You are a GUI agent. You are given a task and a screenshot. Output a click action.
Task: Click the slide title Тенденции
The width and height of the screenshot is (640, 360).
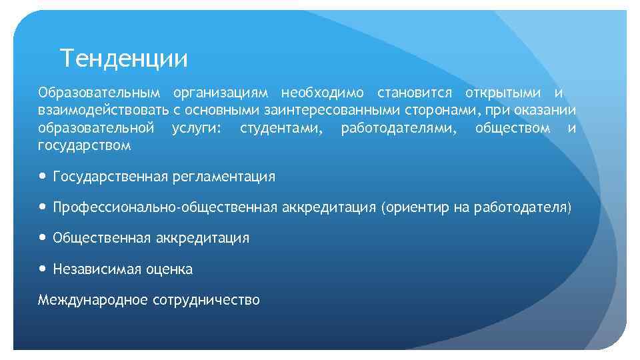[x=123, y=59]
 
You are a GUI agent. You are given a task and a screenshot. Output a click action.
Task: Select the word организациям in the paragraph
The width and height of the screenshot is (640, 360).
[x=220, y=92]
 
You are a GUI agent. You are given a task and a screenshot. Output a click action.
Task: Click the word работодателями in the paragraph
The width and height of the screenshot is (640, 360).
[x=399, y=127]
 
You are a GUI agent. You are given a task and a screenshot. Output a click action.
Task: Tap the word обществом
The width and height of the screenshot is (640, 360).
[x=513, y=127]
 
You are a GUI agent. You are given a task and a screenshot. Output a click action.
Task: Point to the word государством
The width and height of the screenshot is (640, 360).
[x=84, y=145]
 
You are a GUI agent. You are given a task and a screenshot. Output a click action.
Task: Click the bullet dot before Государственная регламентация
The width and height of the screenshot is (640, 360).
[x=43, y=177]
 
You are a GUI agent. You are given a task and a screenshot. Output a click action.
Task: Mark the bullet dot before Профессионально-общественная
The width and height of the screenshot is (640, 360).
[x=43, y=207]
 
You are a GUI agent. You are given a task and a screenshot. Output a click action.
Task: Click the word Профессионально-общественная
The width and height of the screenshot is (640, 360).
[x=165, y=207]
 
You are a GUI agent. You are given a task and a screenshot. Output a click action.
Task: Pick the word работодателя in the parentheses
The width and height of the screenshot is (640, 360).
[x=520, y=207]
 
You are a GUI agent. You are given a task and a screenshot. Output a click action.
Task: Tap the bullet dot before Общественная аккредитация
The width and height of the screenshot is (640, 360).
[x=43, y=238]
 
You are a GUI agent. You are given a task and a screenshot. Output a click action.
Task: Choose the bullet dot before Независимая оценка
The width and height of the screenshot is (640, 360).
[x=43, y=269]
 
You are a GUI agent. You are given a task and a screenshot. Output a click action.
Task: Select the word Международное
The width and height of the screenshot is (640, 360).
[x=93, y=299]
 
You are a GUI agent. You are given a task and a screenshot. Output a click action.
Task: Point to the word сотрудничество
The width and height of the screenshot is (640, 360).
[x=206, y=300]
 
